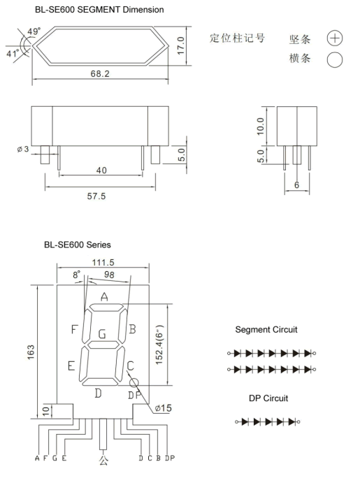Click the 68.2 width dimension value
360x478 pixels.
click(100, 73)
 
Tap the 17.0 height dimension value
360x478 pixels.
click(181, 45)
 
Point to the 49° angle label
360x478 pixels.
click(34, 31)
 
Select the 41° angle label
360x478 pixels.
click(13, 53)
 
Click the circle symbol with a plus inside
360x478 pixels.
click(335, 38)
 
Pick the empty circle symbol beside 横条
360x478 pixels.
click(335, 60)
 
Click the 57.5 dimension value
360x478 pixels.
click(96, 196)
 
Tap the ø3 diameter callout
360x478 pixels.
click(23, 149)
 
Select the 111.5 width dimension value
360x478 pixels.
click(103, 262)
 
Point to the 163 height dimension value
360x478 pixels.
click(31, 352)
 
